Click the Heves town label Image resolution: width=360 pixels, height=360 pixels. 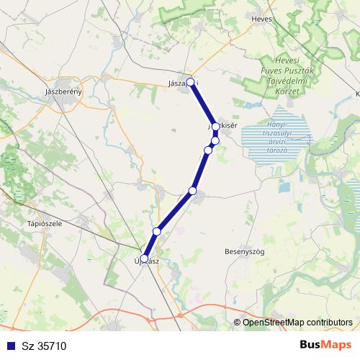click(263, 19)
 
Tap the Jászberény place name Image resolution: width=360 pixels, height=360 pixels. click(65, 92)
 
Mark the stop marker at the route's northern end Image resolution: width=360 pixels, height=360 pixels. click(191, 82)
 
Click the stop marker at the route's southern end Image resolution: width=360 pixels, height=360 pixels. click(144, 258)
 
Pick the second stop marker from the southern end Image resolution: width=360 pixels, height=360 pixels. click(157, 231)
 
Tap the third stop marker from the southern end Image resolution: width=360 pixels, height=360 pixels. click(192, 190)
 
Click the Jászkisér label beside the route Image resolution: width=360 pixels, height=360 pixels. click(223, 125)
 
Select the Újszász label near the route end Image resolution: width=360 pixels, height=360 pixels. click(147, 261)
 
